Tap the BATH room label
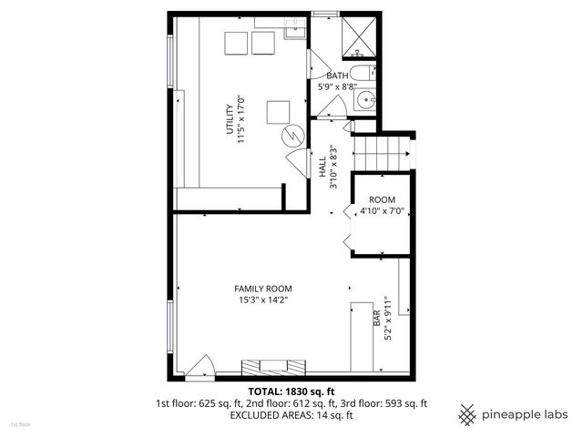coord(337,76)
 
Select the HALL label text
coord(322,167)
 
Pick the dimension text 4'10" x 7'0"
coord(382,211)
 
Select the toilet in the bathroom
coord(362,74)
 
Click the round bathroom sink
coord(365,101)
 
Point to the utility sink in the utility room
coord(293,34)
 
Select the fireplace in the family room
coord(271,367)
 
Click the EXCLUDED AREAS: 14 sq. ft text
coord(291,415)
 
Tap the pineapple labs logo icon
coord(467,414)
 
